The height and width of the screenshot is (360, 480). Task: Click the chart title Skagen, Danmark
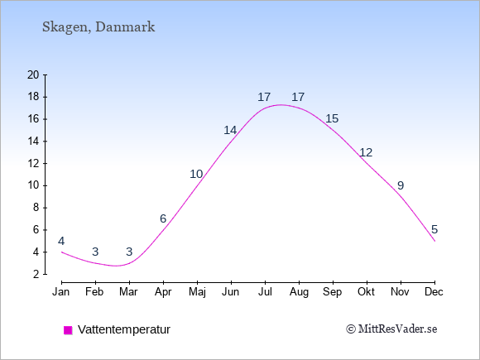tap(98, 27)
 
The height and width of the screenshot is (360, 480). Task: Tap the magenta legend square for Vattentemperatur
tap(68, 330)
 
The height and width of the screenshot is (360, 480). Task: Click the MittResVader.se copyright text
tap(391, 329)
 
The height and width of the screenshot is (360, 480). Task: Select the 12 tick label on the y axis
tap(33, 163)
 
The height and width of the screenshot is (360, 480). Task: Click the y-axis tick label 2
tap(36, 274)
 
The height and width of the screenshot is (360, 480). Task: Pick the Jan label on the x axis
tap(61, 292)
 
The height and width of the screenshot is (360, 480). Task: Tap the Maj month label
tap(197, 292)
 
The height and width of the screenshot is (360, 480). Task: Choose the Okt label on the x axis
tap(366, 292)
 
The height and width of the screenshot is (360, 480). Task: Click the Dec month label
tap(434, 292)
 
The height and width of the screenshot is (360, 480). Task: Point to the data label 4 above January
tap(61, 241)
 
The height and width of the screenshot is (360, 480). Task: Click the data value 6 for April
tap(163, 218)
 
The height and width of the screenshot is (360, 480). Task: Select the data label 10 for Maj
tap(196, 174)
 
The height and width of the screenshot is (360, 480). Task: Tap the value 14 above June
tap(230, 131)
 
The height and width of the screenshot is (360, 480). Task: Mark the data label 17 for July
tap(264, 98)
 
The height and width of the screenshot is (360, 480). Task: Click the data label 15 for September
tap(332, 118)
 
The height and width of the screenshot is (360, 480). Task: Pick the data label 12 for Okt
tap(366, 152)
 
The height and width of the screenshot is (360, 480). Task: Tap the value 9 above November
tap(401, 185)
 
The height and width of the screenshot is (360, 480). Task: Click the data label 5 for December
tap(434, 229)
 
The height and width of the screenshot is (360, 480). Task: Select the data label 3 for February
tap(95, 252)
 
